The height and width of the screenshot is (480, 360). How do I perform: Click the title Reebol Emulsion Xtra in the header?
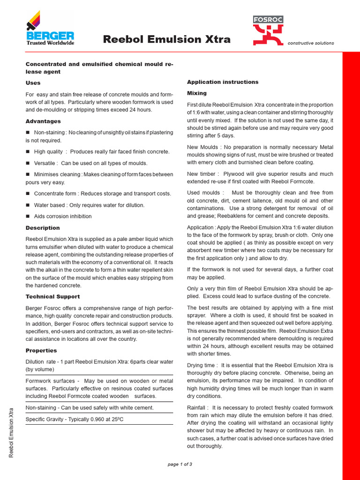pyautogui.click(x=166, y=39)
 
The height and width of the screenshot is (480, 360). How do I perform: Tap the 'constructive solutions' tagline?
pyautogui.click(x=311, y=43)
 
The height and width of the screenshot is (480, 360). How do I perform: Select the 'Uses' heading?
pyautogui.click(x=33, y=83)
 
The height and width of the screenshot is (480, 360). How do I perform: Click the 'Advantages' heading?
pyautogui.click(x=43, y=121)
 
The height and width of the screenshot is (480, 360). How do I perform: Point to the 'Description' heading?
pyautogui.click(x=43, y=228)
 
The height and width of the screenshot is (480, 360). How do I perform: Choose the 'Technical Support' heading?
pyautogui.click(x=52, y=297)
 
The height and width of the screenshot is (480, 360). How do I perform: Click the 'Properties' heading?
pyautogui.click(x=41, y=351)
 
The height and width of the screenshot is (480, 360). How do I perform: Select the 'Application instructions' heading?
pyautogui.click(x=223, y=82)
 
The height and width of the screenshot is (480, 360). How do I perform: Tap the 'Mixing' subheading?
pyautogui.click(x=197, y=93)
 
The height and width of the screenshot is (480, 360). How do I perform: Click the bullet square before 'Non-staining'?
pyautogui.click(x=28, y=133)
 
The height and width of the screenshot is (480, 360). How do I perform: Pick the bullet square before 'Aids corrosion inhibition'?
pyautogui.click(x=28, y=216)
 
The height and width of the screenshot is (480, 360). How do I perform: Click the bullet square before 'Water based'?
pyautogui.click(x=28, y=205)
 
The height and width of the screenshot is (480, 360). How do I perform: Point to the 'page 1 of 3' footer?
pyautogui.click(x=180, y=464)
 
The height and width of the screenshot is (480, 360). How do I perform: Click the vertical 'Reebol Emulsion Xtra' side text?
pyautogui.click(x=12, y=432)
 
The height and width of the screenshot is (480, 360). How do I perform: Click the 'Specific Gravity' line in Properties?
pyautogui.click(x=75, y=419)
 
